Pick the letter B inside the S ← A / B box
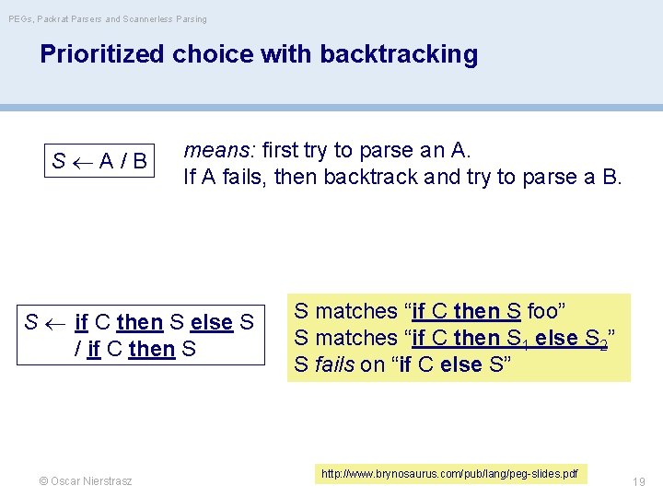coord(139,162)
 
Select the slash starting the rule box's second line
coord(78,349)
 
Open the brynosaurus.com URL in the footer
coord(449,474)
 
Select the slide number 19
coord(638,481)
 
